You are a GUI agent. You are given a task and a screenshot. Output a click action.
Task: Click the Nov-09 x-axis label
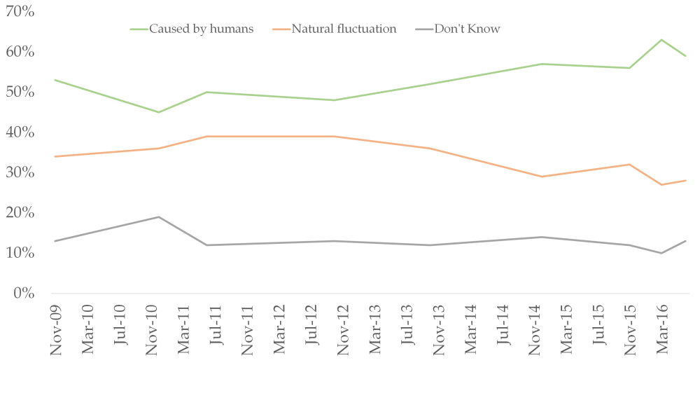click(x=55, y=329)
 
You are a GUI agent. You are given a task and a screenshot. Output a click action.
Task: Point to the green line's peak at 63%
click(x=661, y=40)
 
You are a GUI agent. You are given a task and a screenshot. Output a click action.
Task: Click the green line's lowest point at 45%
click(x=159, y=112)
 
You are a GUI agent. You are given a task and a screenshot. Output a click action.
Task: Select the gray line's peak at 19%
click(x=159, y=217)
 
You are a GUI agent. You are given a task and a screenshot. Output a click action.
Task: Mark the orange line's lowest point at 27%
click(x=661, y=184)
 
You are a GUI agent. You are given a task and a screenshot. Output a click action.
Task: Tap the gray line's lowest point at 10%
click(x=661, y=253)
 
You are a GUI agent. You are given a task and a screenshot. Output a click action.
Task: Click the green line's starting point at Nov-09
click(x=55, y=80)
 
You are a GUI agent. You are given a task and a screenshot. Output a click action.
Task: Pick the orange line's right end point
click(x=685, y=181)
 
